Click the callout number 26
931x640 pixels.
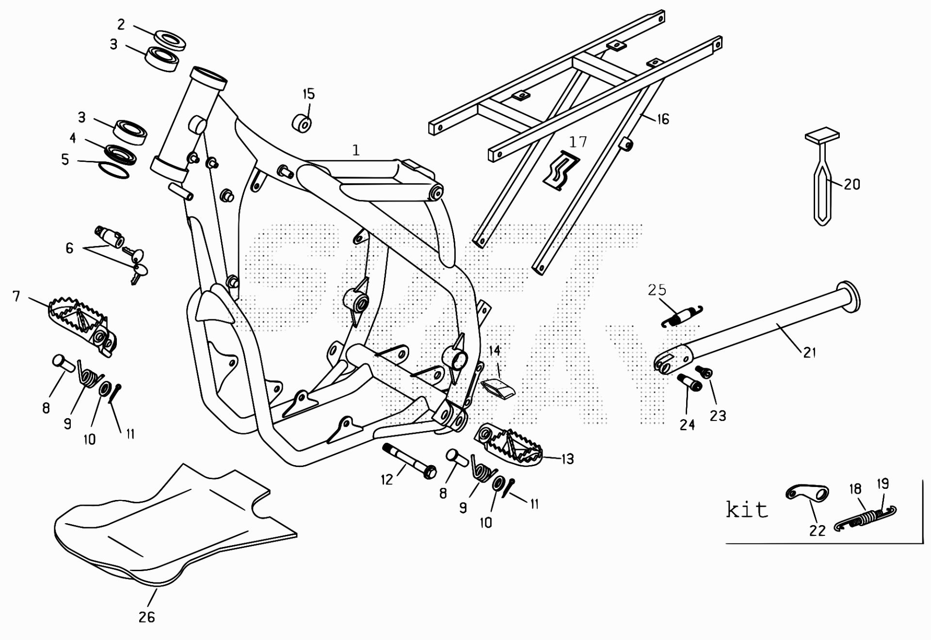pos(146,617)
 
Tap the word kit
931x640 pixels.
pos(747,510)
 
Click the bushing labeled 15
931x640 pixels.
pos(302,123)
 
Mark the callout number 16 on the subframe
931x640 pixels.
pos(663,119)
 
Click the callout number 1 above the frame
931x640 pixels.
pos(356,150)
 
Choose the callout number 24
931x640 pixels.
pos(687,424)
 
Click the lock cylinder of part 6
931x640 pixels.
pos(111,236)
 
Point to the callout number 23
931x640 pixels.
pos(718,415)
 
